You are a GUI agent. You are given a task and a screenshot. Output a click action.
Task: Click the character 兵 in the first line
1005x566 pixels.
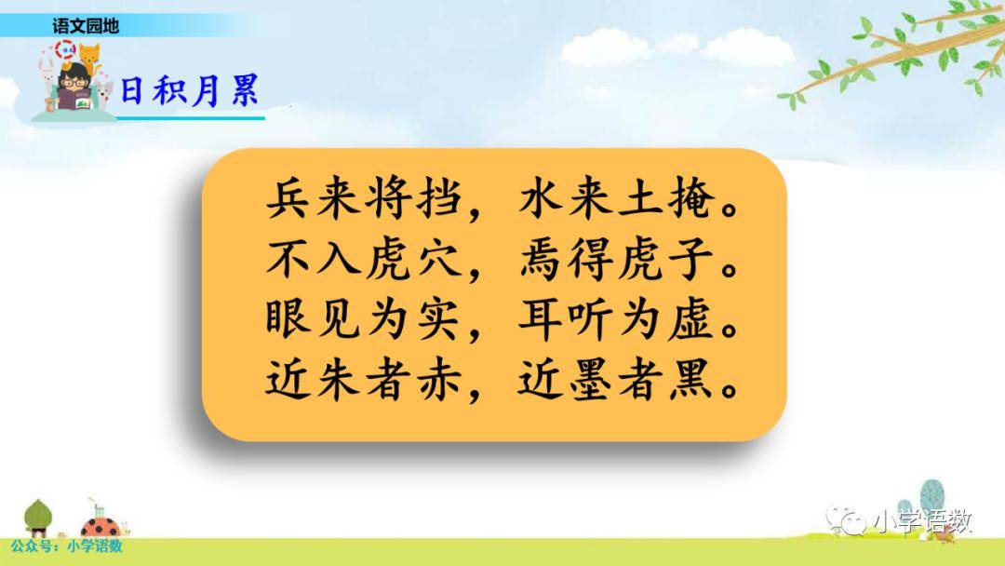[289, 198]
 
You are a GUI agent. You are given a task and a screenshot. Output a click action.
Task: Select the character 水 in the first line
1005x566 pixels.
[541, 198]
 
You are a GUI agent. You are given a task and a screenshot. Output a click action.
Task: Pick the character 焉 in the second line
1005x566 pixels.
[541, 260]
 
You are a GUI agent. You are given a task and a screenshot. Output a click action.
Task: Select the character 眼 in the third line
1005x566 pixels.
[289, 319]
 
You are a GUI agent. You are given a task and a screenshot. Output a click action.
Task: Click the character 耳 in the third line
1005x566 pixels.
[541, 319]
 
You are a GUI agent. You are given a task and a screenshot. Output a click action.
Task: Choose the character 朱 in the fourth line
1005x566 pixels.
[339, 380]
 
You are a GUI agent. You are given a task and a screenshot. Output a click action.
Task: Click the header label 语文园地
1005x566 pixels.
[86, 26]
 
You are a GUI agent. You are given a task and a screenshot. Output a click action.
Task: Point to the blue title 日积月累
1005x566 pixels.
[190, 90]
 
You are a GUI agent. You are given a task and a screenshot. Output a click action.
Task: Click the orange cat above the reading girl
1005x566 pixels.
[88, 57]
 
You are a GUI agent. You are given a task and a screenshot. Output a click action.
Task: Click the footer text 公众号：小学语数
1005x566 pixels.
[67, 546]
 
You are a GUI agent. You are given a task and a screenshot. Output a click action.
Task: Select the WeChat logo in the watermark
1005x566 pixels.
[847, 519]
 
